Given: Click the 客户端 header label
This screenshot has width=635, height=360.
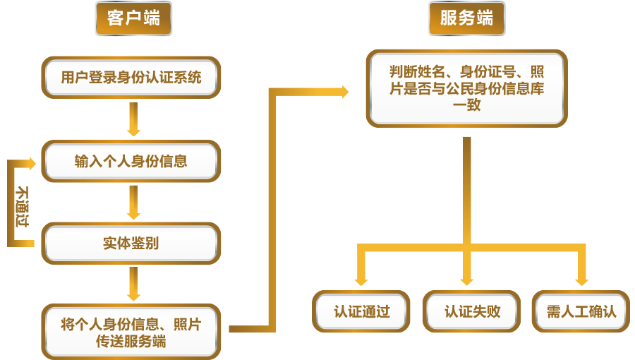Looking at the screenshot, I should [x=133, y=19].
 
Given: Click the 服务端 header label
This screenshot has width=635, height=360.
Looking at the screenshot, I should [x=466, y=19].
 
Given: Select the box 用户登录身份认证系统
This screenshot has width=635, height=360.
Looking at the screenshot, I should [x=131, y=77].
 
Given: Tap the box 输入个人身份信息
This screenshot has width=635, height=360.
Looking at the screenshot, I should [x=131, y=161].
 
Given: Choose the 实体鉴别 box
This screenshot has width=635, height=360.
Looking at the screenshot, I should [x=131, y=244].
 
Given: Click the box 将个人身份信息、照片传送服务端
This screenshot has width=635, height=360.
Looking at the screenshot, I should [x=131, y=332].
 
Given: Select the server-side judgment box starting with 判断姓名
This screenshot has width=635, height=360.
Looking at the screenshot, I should [x=466, y=88].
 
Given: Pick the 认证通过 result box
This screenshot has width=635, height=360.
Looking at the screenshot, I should [x=361, y=311].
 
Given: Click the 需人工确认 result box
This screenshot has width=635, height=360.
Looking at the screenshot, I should [x=581, y=311].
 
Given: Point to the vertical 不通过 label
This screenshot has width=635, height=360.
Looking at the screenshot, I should [x=23, y=205].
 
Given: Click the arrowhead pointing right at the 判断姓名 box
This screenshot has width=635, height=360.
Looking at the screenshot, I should [x=344, y=91].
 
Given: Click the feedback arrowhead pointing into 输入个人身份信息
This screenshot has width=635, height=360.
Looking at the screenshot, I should [x=31, y=162].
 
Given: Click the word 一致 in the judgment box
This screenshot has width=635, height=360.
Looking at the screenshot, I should [x=466, y=105].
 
